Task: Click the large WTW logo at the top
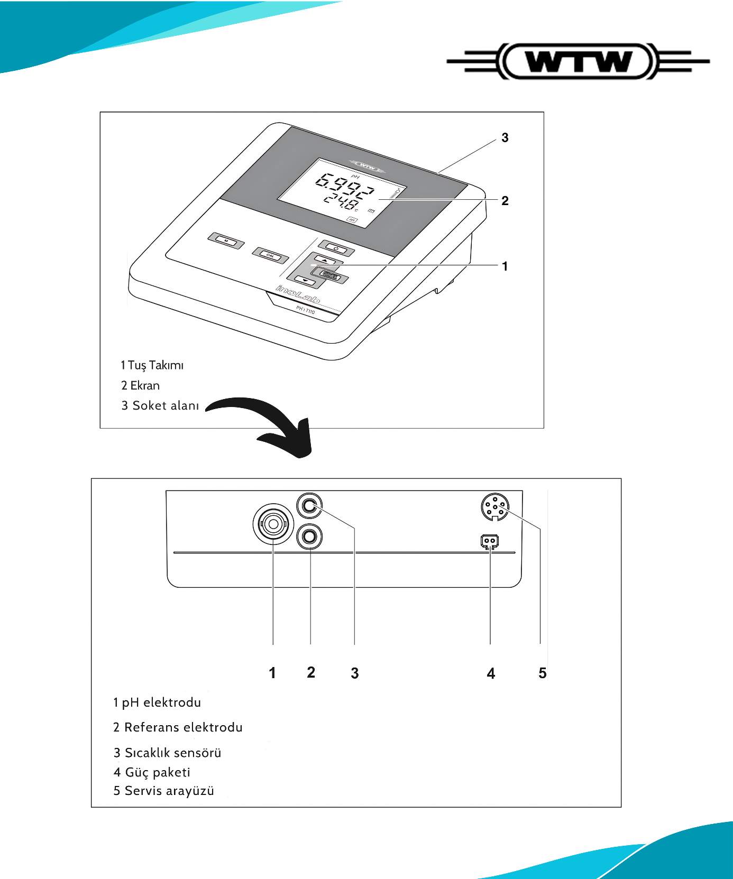(x=578, y=62)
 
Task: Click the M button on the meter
(x=226, y=240)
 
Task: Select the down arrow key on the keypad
(x=305, y=281)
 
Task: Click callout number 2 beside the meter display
(x=505, y=201)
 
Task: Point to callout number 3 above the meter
(x=505, y=138)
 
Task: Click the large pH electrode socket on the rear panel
(x=273, y=524)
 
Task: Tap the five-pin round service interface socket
(x=495, y=507)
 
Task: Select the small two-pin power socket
(x=490, y=541)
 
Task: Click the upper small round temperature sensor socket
(x=310, y=506)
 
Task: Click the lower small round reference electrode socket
(x=310, y=538)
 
